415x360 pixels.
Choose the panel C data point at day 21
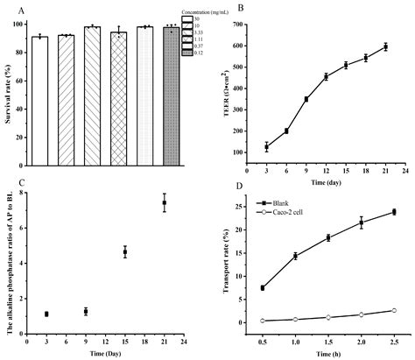coord(164,203)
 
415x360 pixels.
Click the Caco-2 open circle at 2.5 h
coord(393,310)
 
